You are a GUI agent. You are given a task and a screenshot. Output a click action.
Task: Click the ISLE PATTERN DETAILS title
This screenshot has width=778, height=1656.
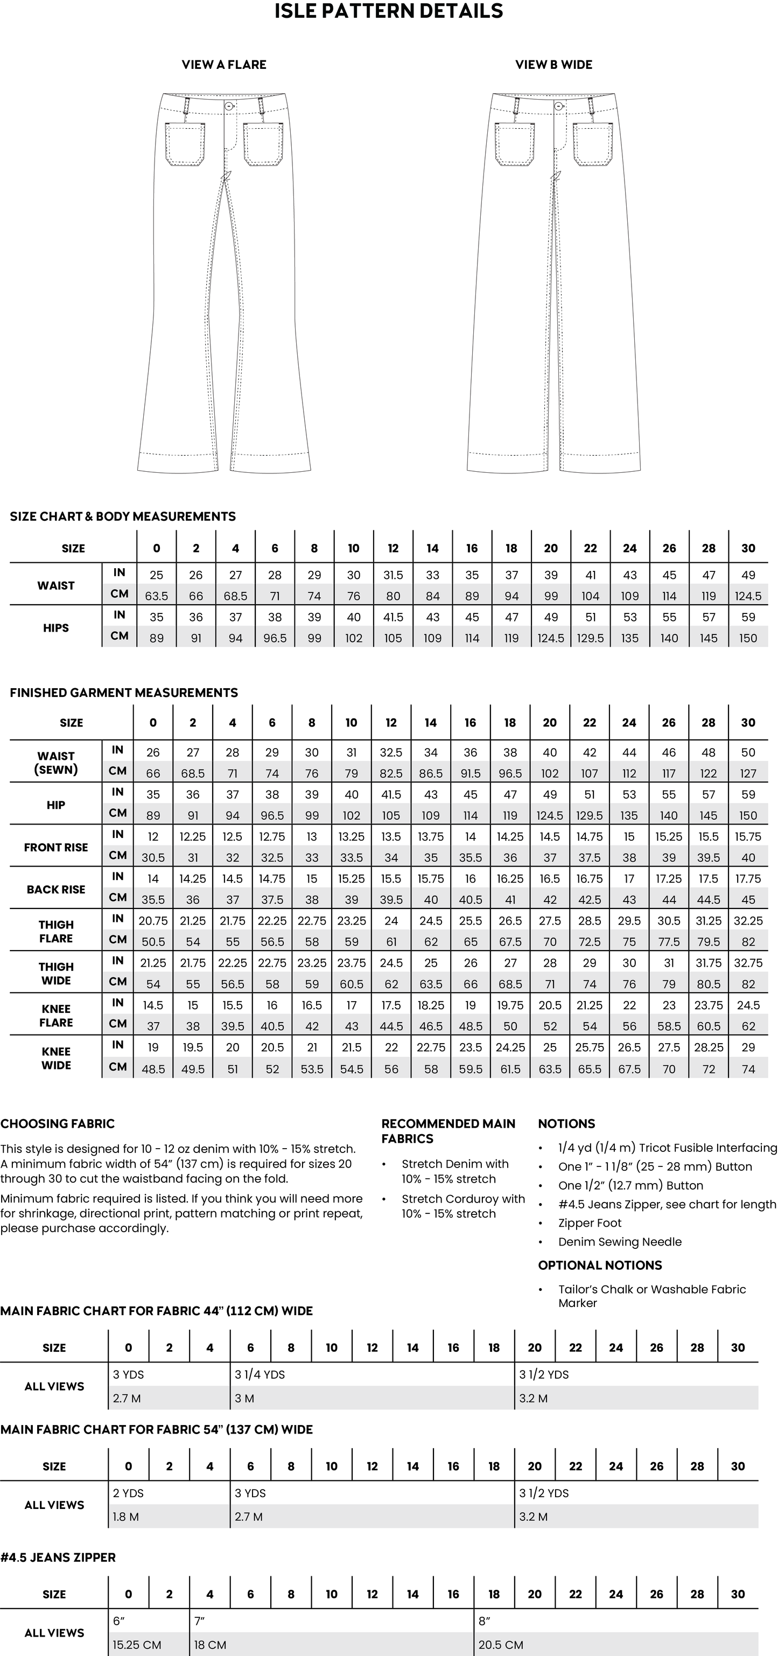pos(389,11)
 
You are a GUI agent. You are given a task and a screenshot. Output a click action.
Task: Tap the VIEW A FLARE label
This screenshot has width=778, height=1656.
pos(223,64)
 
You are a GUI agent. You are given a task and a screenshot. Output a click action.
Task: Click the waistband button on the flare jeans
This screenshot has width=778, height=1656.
pos(229,106)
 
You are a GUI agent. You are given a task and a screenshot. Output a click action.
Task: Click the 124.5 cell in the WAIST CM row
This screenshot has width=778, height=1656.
pos(748,596)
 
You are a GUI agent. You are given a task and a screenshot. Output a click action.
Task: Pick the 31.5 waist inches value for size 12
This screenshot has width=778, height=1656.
pos(392,575)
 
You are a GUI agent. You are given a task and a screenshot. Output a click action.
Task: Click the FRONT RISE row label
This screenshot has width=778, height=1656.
pos(56,847)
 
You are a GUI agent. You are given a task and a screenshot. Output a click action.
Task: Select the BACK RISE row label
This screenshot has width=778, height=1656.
pos(56,889)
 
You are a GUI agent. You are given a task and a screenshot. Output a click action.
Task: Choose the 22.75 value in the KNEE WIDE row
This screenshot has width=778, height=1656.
pos(430,1047)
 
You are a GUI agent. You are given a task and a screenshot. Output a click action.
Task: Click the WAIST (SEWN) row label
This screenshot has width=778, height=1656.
pos(56,763)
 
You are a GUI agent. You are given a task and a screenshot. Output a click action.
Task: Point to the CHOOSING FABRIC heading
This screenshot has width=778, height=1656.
pos(57,1124)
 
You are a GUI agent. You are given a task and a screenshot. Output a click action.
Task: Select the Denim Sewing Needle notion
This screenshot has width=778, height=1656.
pos(619,1241)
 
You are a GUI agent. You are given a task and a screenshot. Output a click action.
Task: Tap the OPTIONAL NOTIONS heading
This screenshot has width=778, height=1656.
pos(599,1265)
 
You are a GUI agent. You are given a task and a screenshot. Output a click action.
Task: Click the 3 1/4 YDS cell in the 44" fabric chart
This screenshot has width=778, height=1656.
pos(260,1374)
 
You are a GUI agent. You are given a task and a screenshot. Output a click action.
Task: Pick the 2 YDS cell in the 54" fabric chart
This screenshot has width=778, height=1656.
pos(129,1493)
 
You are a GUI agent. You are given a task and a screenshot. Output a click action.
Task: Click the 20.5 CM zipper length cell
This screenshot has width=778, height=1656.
pos(501,1645)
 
